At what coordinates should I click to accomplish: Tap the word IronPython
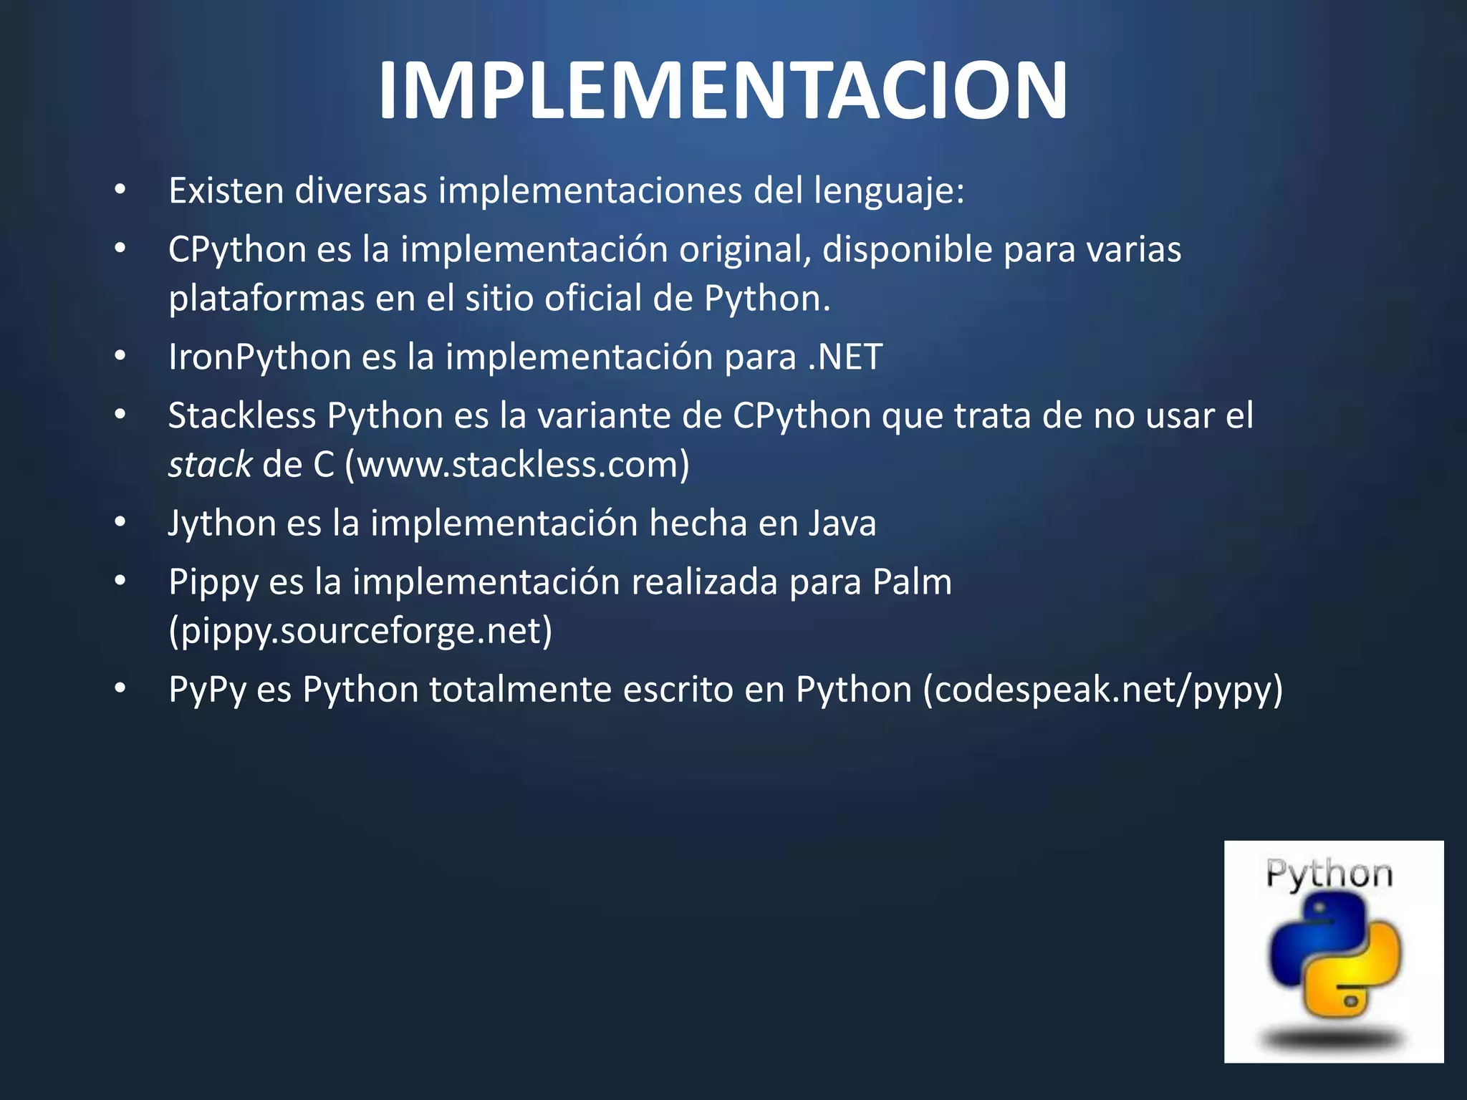(x=259, y=357)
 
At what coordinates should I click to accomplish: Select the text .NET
(x=845, y=357)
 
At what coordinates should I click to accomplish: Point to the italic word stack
(x=209, y=465)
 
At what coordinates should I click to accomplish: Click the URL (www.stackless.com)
(x=516, y=465)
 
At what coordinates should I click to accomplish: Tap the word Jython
(x=221, y=524)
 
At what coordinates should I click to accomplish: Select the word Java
(x=842, y=524)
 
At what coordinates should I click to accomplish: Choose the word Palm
(x=912, y=582)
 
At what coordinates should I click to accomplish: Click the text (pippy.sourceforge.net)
(x=360, y=631)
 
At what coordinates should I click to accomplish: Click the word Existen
(x=226, y=191)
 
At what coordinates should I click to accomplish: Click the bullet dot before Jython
(x=120, y=524)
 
